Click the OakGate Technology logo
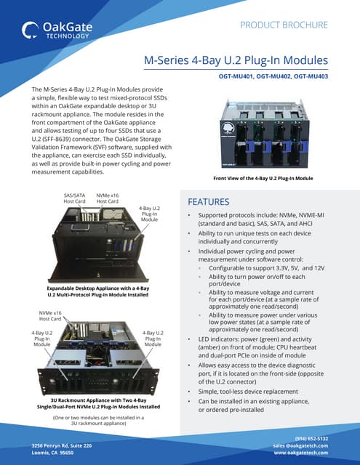(58, 31)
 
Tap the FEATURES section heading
(210, 201)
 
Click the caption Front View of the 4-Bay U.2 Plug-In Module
(263, 178)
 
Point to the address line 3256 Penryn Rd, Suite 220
(62, 445)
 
